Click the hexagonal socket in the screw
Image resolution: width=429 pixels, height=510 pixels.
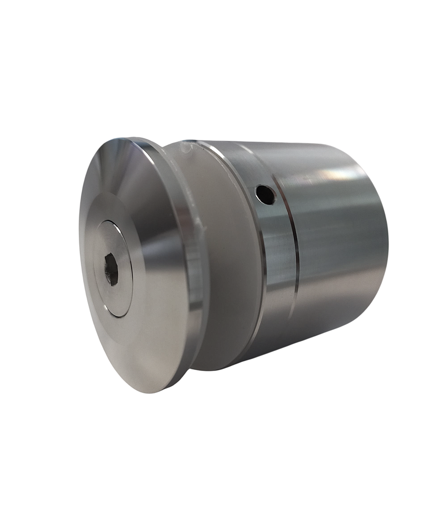point(111,270)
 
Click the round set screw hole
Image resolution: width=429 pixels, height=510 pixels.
point(265,194)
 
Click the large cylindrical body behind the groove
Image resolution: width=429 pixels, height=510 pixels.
point(339,249)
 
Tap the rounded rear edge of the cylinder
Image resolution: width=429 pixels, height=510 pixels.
point(384,234)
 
